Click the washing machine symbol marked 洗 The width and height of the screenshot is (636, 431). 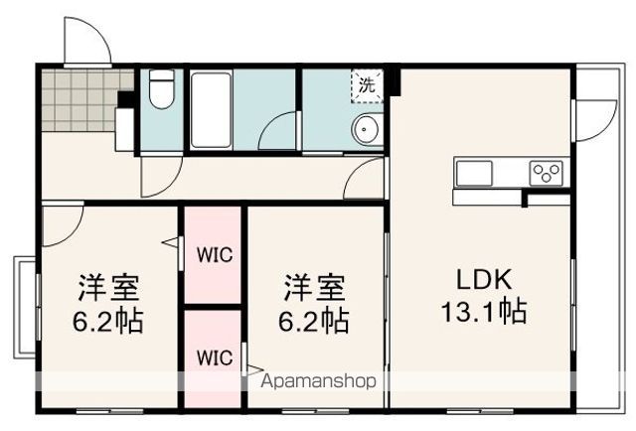click(366, 85)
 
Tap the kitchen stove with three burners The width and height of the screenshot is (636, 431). click(547, 173)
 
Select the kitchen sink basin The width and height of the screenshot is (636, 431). click(475, 173)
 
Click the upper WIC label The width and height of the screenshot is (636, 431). click(213, 254)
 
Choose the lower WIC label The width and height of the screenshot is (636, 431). click(213, 357)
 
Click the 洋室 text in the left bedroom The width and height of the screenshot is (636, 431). click(110, 289)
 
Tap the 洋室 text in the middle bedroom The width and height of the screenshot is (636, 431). click(315, 289)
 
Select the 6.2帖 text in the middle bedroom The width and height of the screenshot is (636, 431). click(315, 321)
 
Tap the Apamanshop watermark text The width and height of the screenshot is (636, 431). click(318, 380)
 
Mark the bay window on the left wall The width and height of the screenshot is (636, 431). click(24, 308)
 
